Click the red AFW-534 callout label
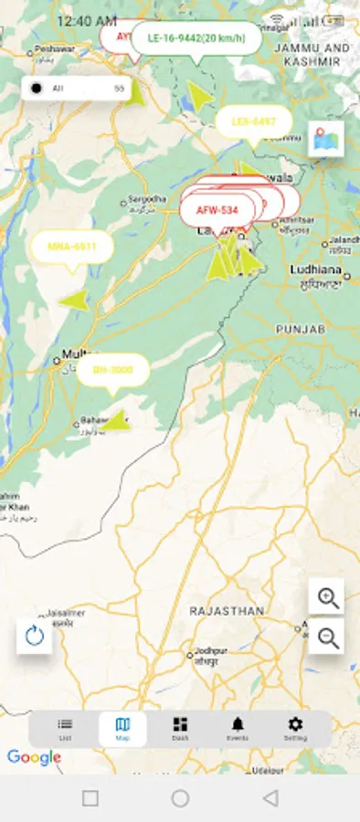[217, 210]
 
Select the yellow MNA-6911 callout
[71, 247]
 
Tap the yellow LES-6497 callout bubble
[253, 121]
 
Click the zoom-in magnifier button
[326, 597]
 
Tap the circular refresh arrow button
[35, 636]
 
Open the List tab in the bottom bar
[65, 728]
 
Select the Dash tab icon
[180, 728]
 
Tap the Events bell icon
[238, 728]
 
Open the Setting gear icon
[295, 728]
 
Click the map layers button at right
[326, 139]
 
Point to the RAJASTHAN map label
[227, 610]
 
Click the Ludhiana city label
[315, 271]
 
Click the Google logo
[34, 757]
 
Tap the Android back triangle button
[270, 798]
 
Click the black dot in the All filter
[36, 89]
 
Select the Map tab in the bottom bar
[122, 728]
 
